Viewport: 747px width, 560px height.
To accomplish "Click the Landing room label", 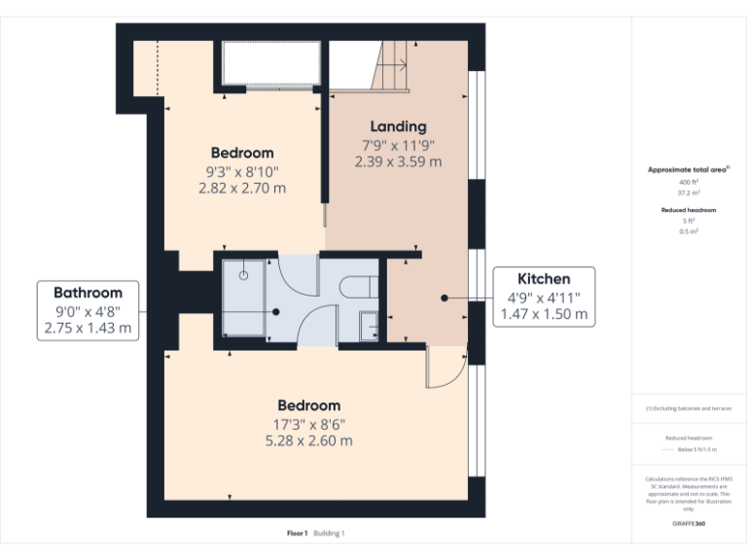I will click(x=398, y=126).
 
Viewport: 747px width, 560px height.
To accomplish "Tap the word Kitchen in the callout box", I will click(x=543, y=279).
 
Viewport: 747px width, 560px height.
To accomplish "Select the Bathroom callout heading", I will click(x=88, y=293).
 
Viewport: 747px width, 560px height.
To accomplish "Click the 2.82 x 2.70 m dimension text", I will click(x=242, y=188).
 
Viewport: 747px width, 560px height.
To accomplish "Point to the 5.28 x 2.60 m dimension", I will click(x=308, y=440).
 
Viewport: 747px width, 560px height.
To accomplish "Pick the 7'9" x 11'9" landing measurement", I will click(x=398, y=145).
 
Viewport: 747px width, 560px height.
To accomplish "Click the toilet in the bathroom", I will click(x=356, y=286).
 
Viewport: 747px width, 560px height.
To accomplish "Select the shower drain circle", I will click(x=244, y=276).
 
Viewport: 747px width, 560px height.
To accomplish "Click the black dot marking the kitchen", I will click(x=444, y=298).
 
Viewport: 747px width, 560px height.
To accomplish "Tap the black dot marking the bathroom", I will click(x=276, y=312).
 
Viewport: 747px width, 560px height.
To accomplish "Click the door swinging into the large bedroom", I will click(x=445, y=369).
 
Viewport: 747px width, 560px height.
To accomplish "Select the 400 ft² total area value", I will click(x=689, y=182).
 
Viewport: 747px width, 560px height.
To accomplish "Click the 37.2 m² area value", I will click(x=689, y=192).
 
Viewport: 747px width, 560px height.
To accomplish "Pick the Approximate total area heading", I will click(x=688, y=169).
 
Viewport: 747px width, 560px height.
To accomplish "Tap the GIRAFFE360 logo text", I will click(x=689, y=524).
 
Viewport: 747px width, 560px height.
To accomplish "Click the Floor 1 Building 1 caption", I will click(x=316, y=533).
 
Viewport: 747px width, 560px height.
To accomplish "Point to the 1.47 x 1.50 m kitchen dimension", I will click(x=543, y=314).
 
